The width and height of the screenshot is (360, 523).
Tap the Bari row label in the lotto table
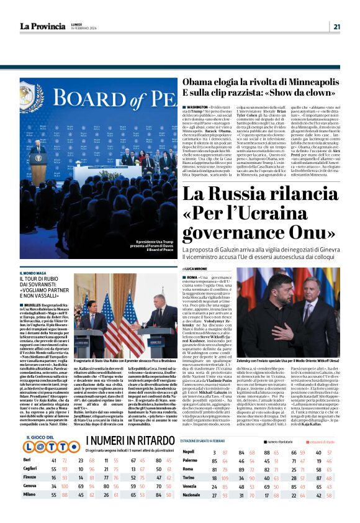coord(27,478)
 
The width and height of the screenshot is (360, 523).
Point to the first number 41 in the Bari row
coord(55,478)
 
